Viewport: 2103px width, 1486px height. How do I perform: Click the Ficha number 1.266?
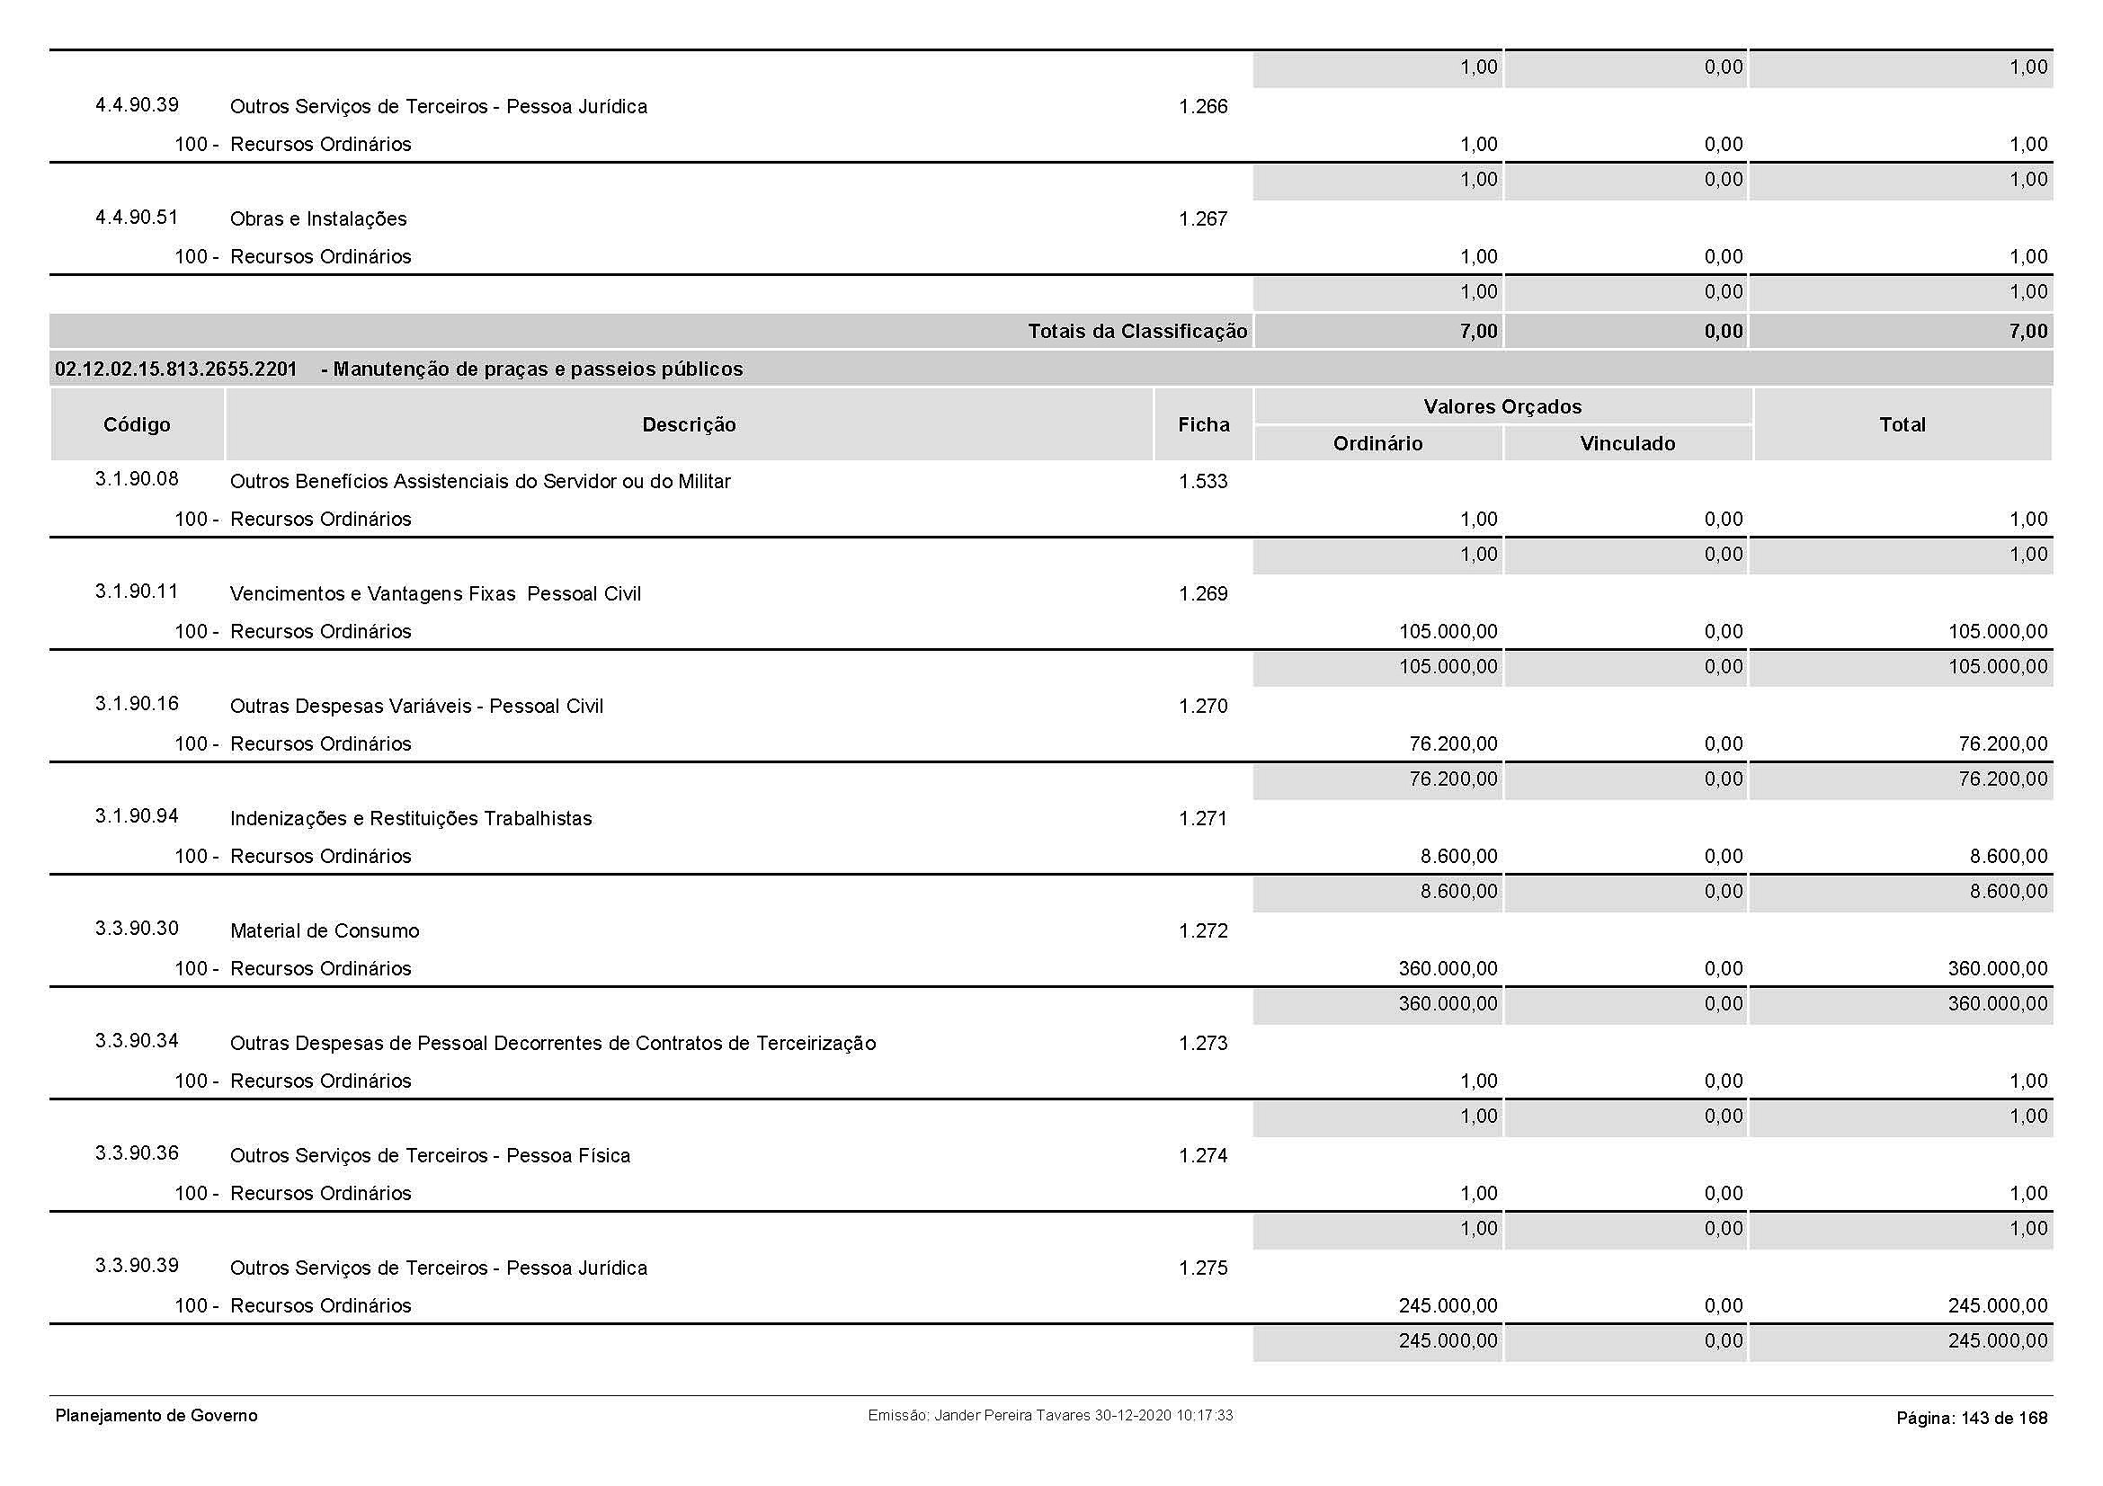click(1203, 107)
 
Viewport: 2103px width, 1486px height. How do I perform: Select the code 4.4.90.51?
click(137, 218)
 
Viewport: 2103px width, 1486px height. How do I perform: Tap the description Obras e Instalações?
click(317, 219)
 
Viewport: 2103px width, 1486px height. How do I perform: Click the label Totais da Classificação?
click(1136, 332)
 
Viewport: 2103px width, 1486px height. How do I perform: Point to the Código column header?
click(137, 425)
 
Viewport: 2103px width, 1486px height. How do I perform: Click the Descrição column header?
click(689, 425)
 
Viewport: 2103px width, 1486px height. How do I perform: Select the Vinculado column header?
click(1626, 444)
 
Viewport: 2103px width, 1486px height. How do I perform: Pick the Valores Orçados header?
click(1502, 407)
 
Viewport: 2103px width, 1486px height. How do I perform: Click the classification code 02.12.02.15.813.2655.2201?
click(176, 369)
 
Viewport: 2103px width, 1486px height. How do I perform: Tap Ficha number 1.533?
click(1203, 482)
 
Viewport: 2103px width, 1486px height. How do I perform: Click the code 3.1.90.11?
click(137, 592)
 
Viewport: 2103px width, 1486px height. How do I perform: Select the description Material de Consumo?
click(325, 931)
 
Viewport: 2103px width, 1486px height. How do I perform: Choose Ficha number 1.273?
click(1203, 1044)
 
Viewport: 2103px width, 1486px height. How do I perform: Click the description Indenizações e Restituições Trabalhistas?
click(410, 820)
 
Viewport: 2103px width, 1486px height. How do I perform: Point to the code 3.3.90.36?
click(137, 1153)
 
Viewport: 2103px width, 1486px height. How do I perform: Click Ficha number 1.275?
click(1203, 1268)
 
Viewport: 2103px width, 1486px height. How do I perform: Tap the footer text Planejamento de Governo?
click(156, 1416)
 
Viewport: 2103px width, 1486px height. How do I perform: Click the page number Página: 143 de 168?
click(1971, 1419)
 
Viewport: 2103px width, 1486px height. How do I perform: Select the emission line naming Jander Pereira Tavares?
click(1049, 1416)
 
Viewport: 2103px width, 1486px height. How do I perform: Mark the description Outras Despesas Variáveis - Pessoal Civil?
click(416, 707)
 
